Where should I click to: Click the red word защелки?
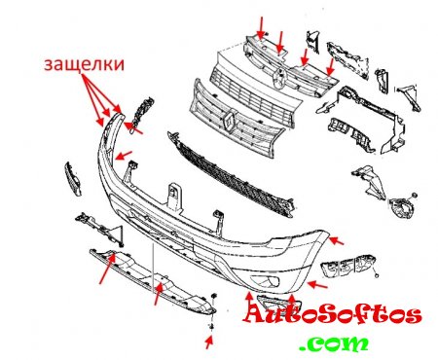85,64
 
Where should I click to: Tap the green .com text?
334,343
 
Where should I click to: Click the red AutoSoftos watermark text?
332,314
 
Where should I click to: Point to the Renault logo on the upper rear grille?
279,78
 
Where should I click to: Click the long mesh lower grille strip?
231,174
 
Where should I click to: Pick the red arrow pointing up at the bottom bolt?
209,342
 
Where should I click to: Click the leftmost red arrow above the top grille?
261,27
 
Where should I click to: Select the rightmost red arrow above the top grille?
331,66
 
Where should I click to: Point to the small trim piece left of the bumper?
73,179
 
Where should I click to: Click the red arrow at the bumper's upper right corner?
336,241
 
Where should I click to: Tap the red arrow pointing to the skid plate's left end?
107,270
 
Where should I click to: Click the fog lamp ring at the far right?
402,207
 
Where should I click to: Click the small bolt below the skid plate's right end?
212,327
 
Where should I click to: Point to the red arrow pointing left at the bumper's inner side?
124,155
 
